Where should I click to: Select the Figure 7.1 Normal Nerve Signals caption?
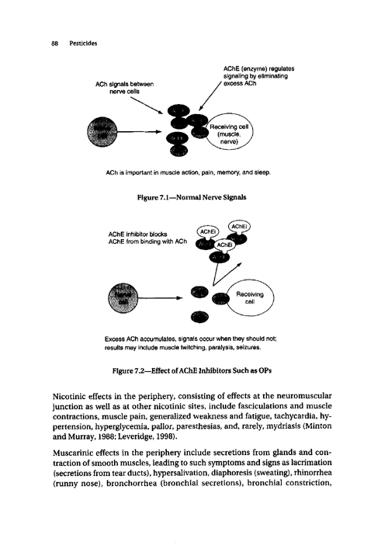pyautogui.click(x=197, y=197)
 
